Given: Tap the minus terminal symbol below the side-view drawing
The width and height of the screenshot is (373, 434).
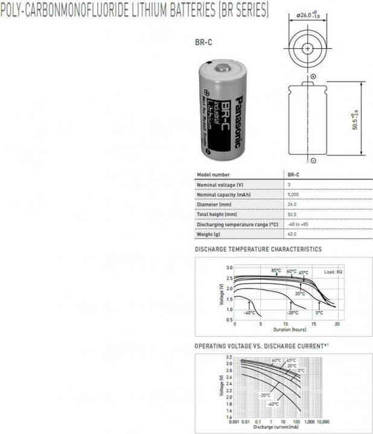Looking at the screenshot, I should pos(313,160).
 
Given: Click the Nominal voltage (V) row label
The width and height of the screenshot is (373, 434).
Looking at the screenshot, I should pos(220,184).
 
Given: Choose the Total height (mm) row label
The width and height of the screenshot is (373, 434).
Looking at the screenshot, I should pos(217,215).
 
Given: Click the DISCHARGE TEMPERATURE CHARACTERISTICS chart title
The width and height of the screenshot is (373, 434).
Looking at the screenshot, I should pos(258,250).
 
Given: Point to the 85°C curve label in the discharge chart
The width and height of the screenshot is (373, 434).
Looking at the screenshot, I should pos(276,270).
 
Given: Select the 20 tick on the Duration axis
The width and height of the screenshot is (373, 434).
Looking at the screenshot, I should pos(337,324).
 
